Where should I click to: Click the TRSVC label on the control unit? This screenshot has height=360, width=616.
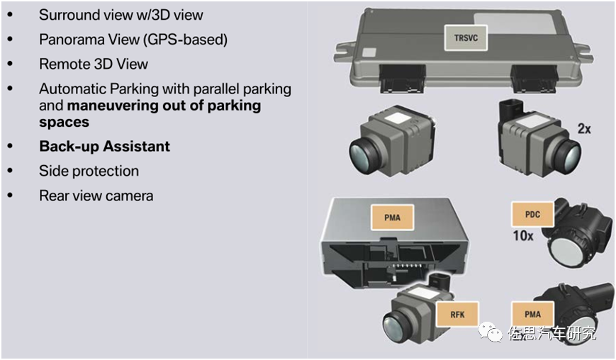tap(466, 38)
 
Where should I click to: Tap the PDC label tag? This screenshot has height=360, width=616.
tap(532, 213)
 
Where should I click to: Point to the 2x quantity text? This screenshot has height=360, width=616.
tap(583, 129)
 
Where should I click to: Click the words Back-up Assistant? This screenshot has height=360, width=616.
tap(104, 147)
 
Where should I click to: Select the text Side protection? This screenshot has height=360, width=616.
tap(89, 171)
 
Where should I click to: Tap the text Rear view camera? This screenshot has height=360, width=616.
tap(96, 195)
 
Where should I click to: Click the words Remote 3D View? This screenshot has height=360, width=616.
tap(94, 64)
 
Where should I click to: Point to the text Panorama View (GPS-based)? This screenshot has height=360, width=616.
tap(133, 40)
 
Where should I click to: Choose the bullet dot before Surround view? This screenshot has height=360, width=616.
tap(10, 14)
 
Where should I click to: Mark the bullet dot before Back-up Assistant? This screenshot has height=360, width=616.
tap(10, 146)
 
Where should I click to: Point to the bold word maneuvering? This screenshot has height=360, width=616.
tap(123, 106)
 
